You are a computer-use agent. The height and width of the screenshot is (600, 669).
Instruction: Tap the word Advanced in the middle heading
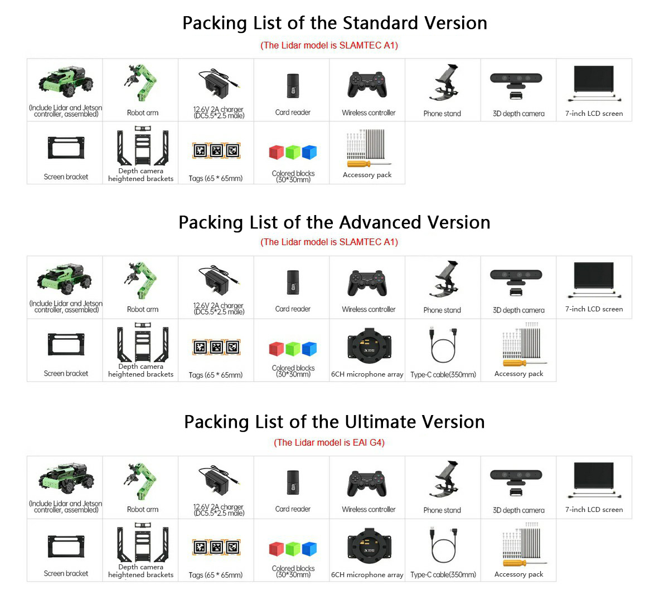click(x=380, y=222)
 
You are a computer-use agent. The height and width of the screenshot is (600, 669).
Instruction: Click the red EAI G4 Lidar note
click(x=329, y=442)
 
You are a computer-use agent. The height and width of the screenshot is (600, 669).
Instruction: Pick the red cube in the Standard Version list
click(x=276, y=153)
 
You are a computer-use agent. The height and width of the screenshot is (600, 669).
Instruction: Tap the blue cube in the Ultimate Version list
click(x=309, y=549)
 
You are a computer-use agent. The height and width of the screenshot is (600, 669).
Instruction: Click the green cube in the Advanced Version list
click(x=293, y=349)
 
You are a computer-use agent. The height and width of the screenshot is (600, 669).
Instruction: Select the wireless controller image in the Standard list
click(x=367, y=85)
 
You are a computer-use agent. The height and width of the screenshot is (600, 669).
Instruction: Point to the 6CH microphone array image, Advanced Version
click(x=369, y=345)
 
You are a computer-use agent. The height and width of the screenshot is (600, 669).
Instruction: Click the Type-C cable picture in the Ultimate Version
click(x=443, y=545)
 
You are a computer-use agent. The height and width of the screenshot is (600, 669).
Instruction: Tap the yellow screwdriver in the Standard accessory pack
click(x=369, y=164)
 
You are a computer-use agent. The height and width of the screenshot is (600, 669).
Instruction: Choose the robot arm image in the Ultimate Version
click(x=141, y=481)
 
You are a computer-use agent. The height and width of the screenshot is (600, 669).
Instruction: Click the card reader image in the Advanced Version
click(x=293, y=282)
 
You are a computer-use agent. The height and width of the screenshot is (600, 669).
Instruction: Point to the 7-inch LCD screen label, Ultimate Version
click(x=594, y=510)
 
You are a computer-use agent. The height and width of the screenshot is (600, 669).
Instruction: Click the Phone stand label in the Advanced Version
click(x=442, y=310)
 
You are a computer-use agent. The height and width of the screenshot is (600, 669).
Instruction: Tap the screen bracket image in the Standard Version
click(x=66, y=148)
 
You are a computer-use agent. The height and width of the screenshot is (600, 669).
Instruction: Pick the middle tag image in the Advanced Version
click(x=216, y=348)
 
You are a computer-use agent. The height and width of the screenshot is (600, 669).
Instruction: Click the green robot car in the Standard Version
click(x=66, y=82)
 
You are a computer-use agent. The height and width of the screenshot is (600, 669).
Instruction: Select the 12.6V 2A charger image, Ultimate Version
click(x=218, y=481)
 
